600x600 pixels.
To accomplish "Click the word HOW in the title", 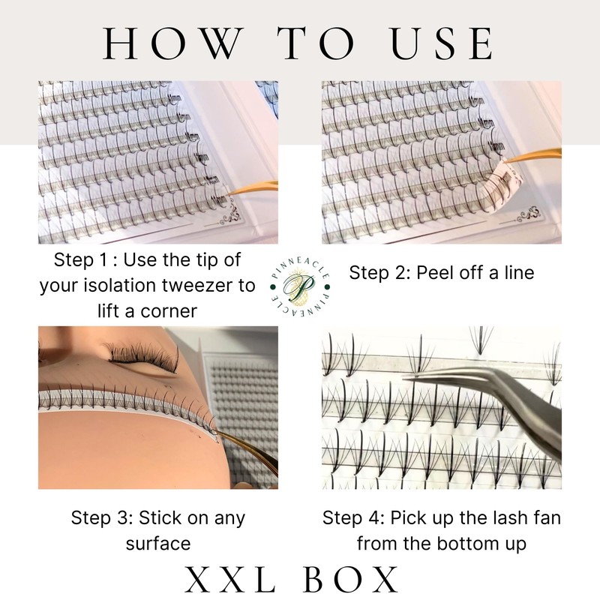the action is tap(174, 43).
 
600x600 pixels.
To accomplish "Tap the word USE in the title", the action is tap(442, 43).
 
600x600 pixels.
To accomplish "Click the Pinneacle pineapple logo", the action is tap(300, 287).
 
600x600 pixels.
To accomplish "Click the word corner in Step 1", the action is tap(169, 311).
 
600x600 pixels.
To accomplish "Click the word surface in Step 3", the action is tap(158, 543).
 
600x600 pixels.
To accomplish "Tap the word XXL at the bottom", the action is tap(230, 579).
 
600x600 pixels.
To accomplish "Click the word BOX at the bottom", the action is tap(351, 579).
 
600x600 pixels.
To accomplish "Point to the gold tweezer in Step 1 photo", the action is tap(253, 188).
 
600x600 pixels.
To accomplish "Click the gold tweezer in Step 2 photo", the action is tap(532, 156).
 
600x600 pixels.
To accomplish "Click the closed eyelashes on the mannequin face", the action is tap(143, 355).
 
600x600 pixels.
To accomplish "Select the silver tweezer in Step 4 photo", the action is tap(490, 402).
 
